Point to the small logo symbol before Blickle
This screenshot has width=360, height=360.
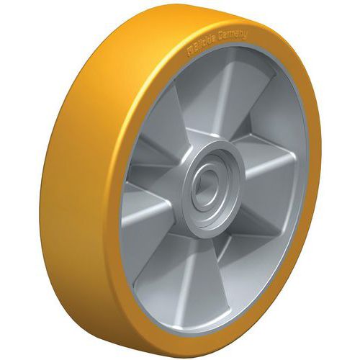(191, 52)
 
